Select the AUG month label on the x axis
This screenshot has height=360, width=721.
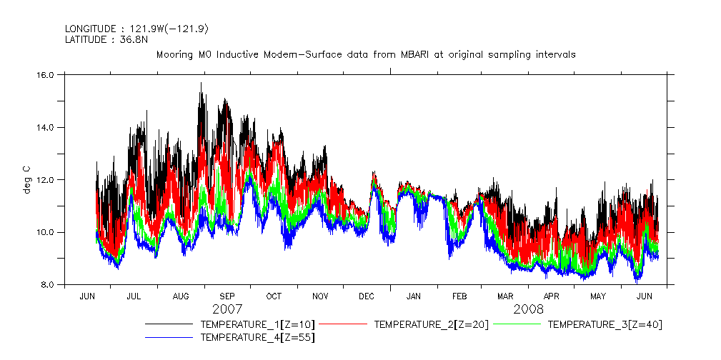click(181, 296)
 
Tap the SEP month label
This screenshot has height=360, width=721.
click(227, 296)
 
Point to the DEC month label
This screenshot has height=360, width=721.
click(367, 296)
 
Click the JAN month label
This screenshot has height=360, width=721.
click(414, 296)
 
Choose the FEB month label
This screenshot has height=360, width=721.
click(459, 296)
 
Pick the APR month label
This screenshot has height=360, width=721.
click(552, 296)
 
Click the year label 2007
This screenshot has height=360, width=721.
click(227, 310)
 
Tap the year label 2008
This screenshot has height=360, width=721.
click(528, 310)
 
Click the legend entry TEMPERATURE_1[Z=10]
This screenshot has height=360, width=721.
click(257, 324)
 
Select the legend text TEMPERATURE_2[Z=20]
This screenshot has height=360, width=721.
click(431, 324)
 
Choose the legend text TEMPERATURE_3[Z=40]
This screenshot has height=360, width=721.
click(605, 324)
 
